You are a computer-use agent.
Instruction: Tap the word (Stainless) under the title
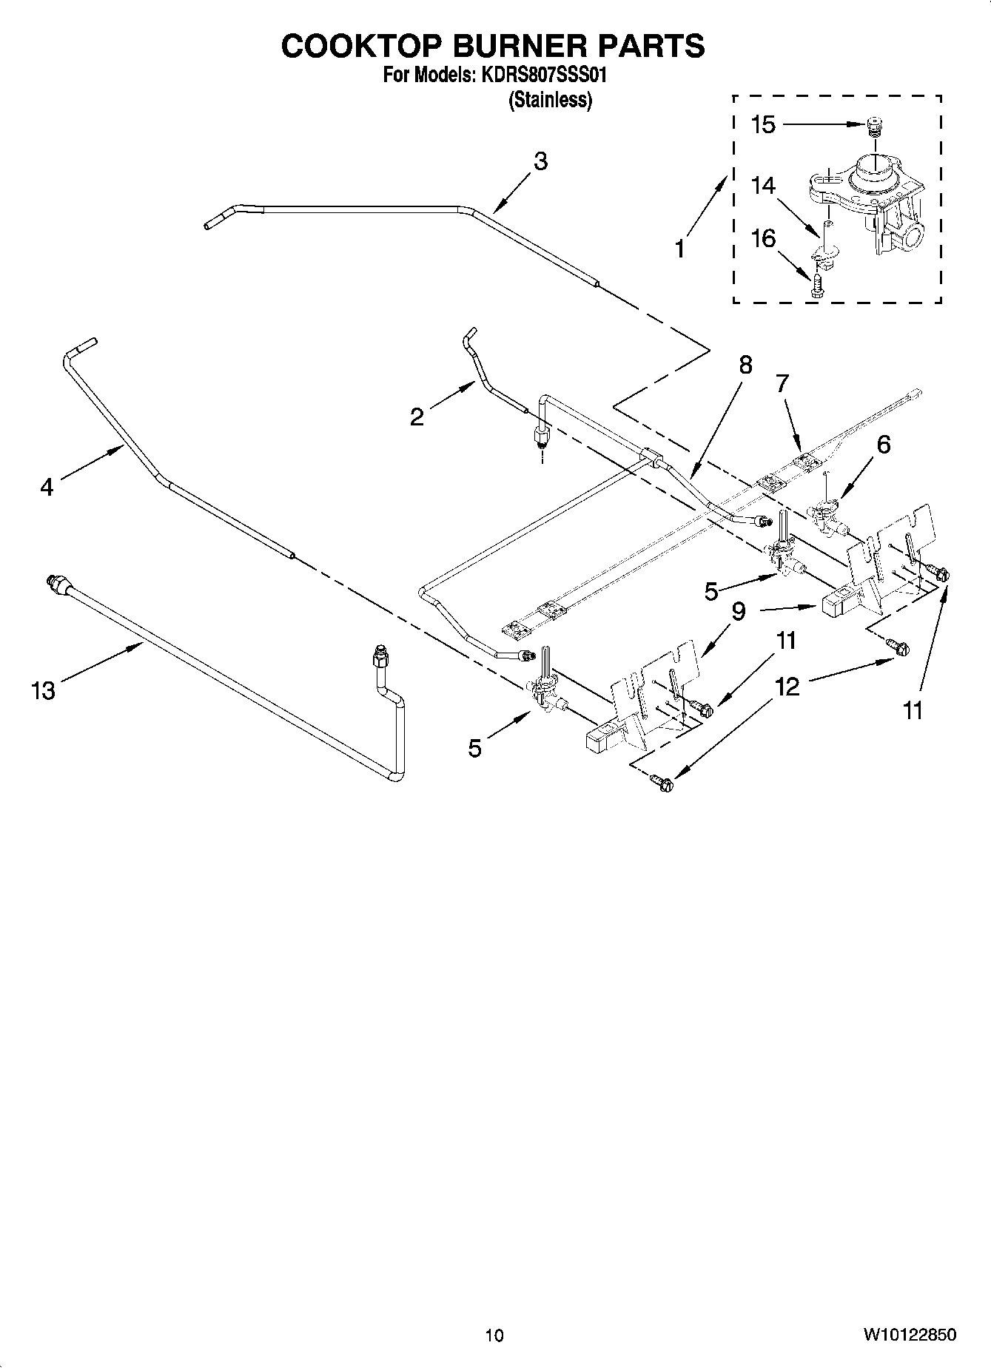coord(550,101)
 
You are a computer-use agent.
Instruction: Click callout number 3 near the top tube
coord(541,161)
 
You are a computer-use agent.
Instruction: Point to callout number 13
coord(44,691)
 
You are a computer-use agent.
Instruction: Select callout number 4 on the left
coord(47,487)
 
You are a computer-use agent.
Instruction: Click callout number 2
coord(417,417)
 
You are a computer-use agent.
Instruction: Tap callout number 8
coord(745,365)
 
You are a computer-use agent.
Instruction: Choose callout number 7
coord(782,383)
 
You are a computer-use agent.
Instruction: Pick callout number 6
coord(883,444)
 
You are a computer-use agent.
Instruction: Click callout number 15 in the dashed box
coord(763,125)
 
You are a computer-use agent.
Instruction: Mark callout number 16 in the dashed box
coord(763,238)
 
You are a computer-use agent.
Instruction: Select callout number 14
coord(763,185)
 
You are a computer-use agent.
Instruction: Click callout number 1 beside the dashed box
coord(679,249)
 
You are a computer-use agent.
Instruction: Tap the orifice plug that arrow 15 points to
coord(876,128)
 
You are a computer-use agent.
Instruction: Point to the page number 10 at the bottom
coord(494,1335)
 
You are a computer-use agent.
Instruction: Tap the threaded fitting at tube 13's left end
coord(54,582)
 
